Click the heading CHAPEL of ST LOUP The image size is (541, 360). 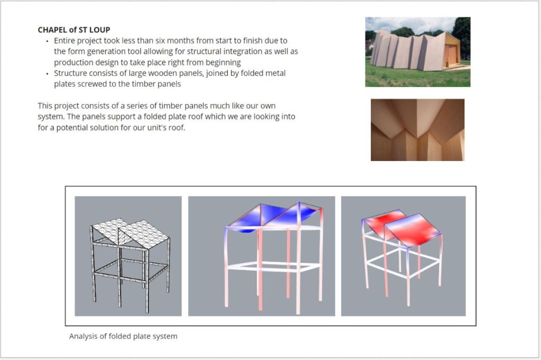(x=74, y=30)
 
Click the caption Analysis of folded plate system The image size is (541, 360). (x=123, y=336)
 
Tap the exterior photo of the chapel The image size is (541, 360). (x=418, y=52)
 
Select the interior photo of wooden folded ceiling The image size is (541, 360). (x=417, y=130)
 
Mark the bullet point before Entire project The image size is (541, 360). (x=47, y=41)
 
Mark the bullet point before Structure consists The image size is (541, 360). (x=47, y=73)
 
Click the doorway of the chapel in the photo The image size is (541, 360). (x=451, y=55)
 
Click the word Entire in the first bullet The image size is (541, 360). (x=64, y=41)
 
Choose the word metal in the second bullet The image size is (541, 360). (x=276, y=73)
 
